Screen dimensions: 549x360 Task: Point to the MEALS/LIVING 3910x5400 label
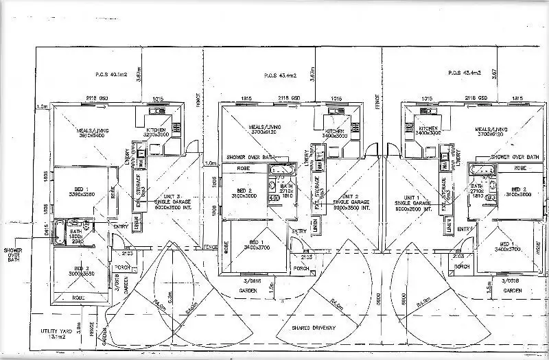point(93,132)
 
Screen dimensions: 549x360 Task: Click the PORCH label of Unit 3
point(124,267)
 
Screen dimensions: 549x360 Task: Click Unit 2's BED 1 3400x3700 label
point(256,245)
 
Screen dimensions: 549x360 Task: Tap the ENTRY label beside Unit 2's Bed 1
point(299,231)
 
